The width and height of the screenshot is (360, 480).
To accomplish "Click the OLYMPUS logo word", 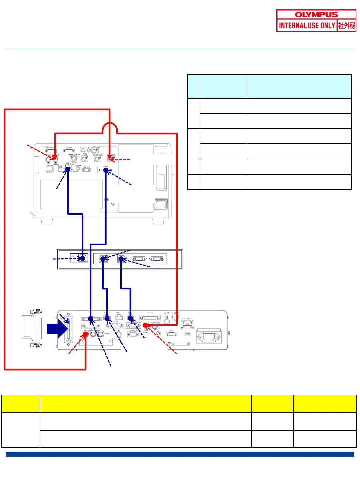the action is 316,15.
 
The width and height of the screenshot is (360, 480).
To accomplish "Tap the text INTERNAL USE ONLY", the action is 307,26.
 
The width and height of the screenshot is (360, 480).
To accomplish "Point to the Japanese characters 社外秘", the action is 347,26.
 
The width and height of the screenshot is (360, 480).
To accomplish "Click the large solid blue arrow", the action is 57,329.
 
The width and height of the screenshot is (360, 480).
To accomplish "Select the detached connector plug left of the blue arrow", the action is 32,328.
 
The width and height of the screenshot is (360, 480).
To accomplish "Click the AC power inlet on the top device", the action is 161,204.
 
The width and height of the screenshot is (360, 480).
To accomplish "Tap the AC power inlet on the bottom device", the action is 209,337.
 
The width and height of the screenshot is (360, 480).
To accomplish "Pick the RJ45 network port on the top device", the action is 50,168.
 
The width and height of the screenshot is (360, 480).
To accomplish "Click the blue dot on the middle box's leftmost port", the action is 82,258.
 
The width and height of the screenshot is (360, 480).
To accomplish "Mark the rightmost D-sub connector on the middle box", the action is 157,259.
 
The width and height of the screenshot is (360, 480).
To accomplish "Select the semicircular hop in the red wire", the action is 110,128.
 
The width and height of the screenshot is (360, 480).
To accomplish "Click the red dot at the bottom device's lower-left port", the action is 86,334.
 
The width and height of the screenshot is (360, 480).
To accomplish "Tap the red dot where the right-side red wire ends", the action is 145,325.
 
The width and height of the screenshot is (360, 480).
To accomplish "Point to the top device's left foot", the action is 47,221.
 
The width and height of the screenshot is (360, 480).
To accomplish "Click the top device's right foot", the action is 158,221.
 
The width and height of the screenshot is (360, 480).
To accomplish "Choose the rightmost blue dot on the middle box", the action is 121,259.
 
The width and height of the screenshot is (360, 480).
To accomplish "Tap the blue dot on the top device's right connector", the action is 106,170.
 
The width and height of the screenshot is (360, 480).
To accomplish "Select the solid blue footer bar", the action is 180,454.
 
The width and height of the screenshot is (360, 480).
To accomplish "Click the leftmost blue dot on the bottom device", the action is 91,319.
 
